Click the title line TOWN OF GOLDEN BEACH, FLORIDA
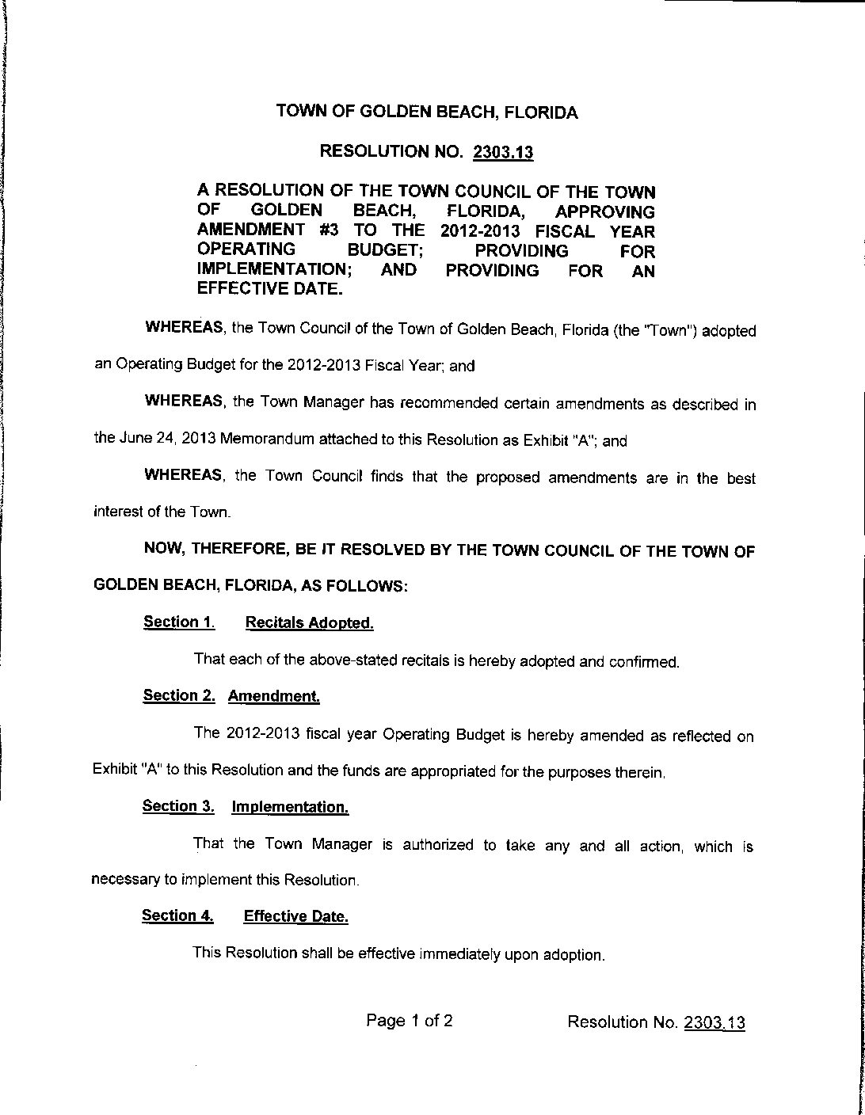[427, 112]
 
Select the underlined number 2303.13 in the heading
[503, 153]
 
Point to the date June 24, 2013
[154, 440]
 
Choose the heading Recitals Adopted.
[309, 623]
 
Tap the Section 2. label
[179, 696]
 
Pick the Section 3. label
[178, 806]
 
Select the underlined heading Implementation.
[290, 808]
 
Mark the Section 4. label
[177, 916]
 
